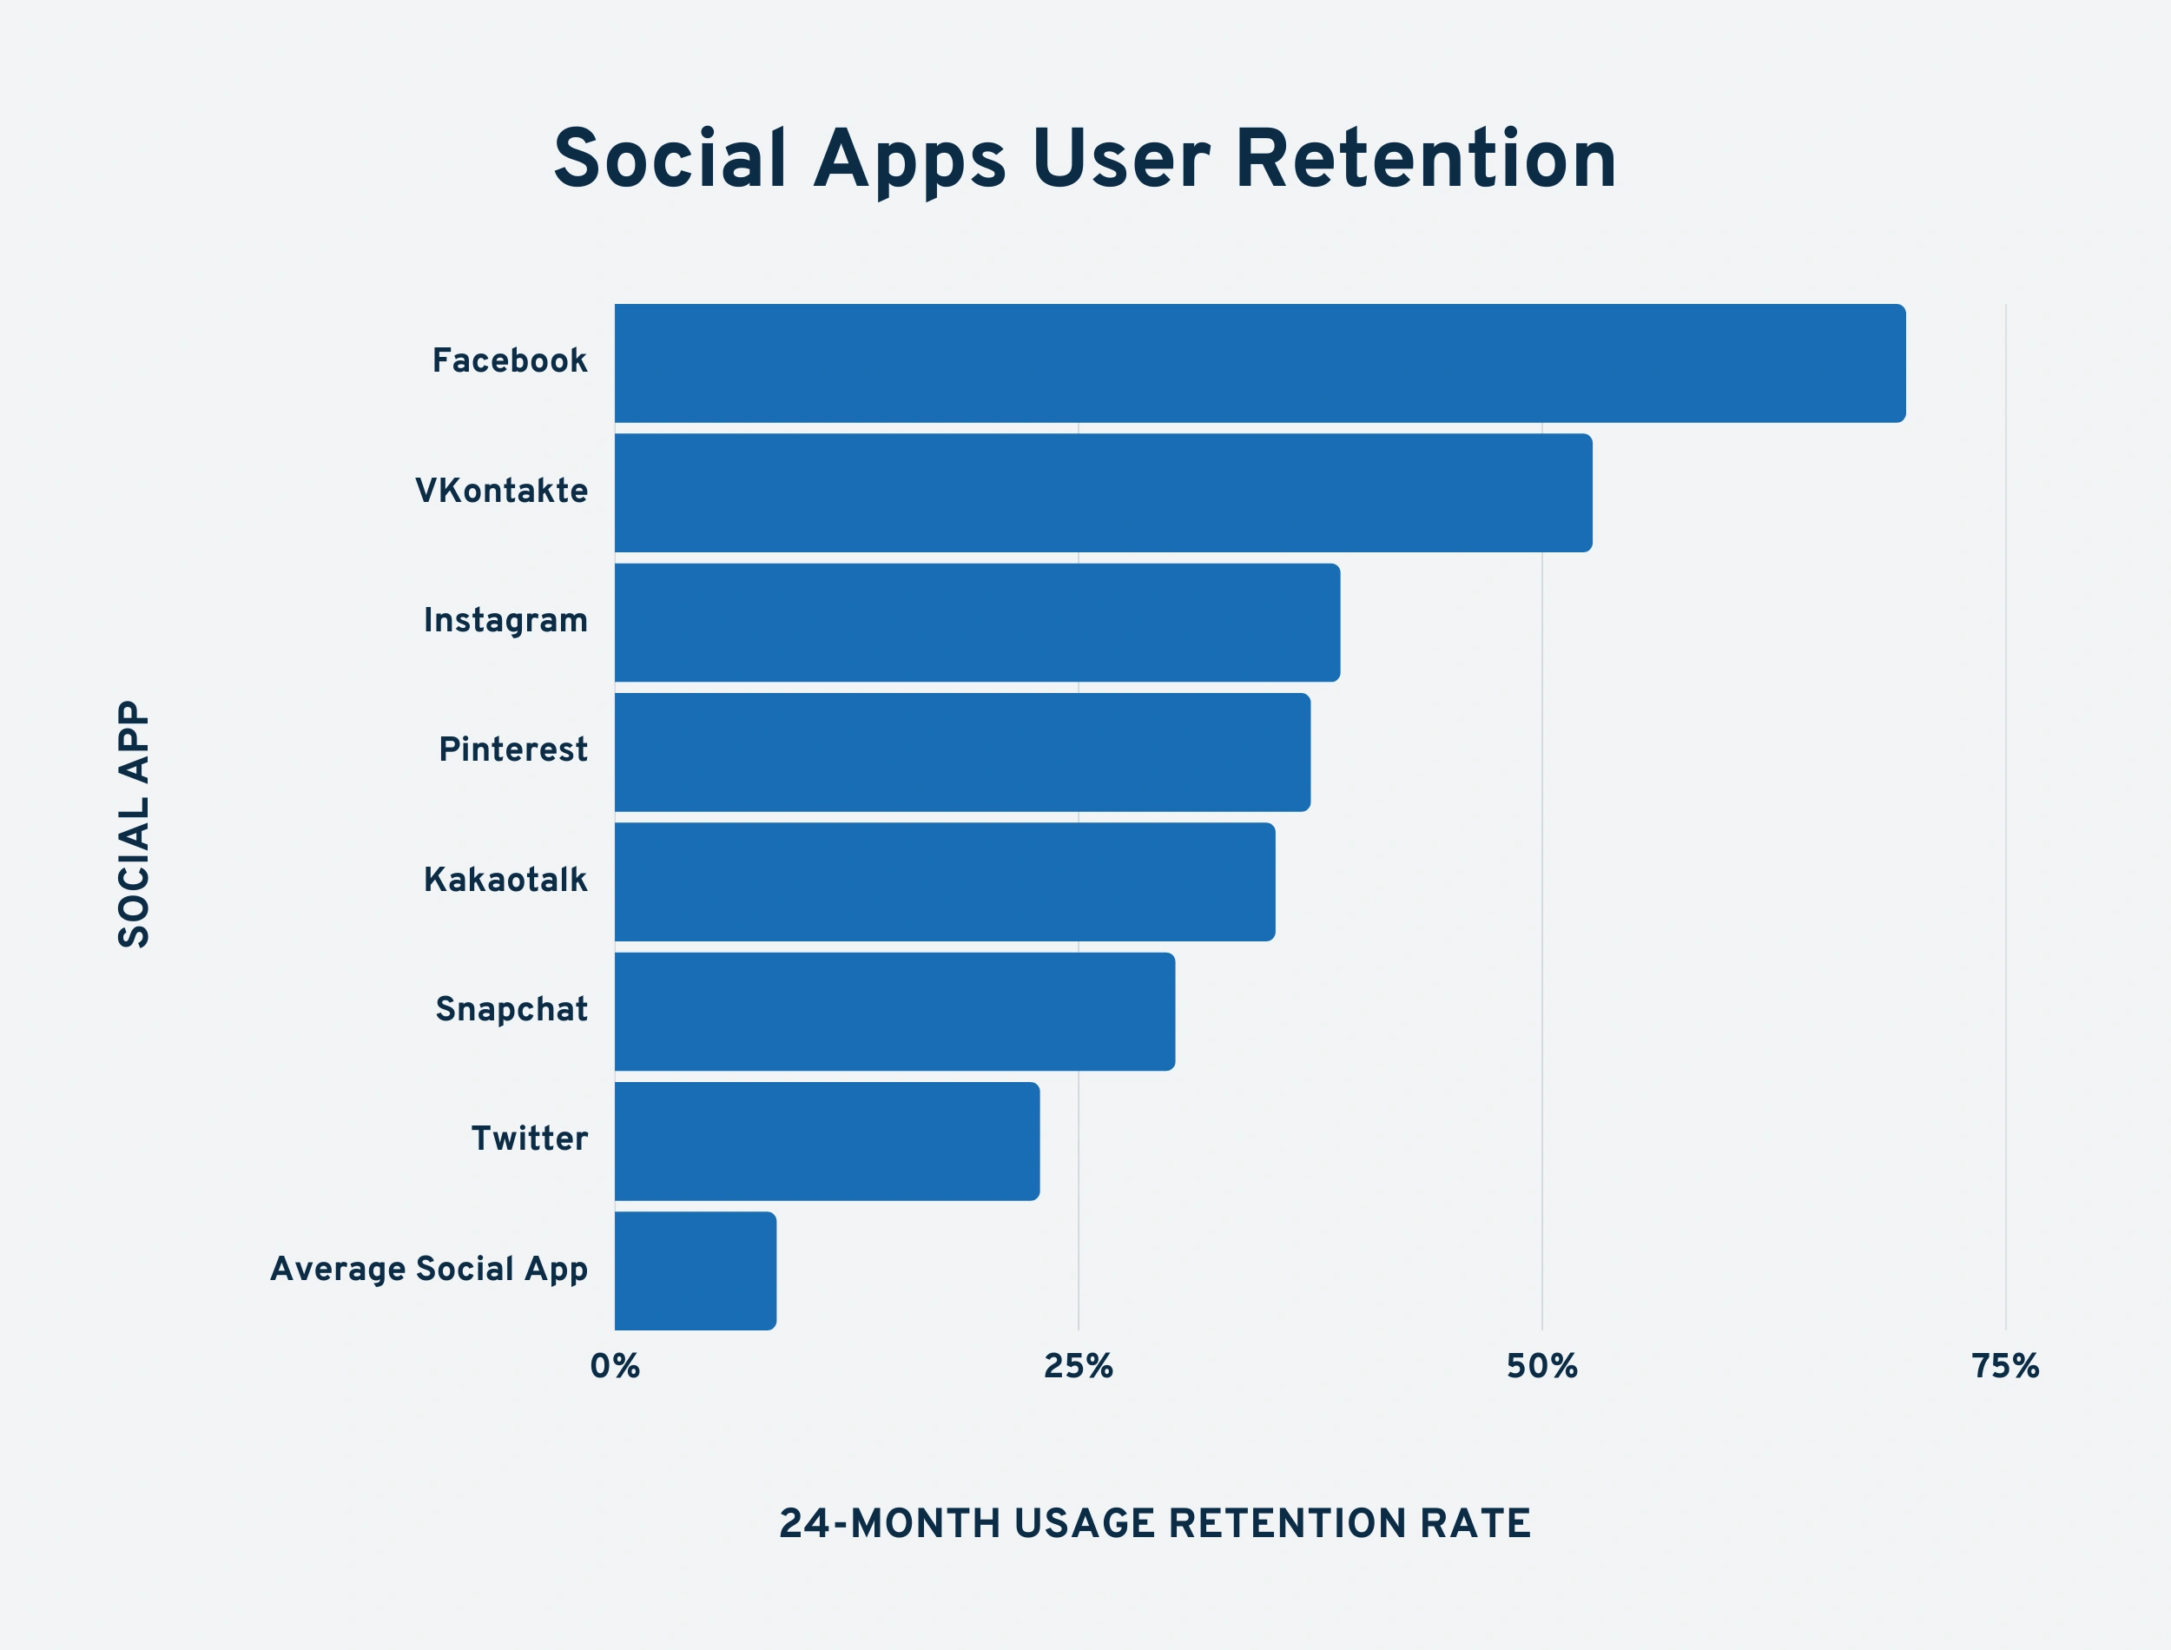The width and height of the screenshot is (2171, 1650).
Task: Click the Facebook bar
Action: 1260,363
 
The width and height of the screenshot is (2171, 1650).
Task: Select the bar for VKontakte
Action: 1103,493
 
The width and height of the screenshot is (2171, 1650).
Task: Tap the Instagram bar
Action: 977,623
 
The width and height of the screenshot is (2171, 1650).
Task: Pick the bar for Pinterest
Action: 962,752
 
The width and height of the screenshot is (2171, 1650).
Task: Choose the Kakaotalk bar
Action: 945,882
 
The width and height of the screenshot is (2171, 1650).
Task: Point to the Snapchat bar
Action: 894,1012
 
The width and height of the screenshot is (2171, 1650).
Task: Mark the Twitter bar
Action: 827,1141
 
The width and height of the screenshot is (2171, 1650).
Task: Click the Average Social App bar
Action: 696,1270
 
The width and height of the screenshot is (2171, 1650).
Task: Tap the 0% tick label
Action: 615,1366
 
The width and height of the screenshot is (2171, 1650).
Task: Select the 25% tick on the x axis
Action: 1079,1366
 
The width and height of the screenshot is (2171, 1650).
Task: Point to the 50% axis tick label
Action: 1541,1366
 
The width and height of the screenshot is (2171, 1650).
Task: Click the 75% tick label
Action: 2005,1366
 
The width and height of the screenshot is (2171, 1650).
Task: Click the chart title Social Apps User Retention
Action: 1085,159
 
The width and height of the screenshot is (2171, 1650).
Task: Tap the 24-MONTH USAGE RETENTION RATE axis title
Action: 1155,1523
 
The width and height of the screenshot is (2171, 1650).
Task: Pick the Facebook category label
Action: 510,361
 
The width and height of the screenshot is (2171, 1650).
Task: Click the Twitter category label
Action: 529,1139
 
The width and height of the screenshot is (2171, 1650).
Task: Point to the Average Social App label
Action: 429,1269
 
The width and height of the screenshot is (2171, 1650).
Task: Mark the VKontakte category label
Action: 502,491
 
